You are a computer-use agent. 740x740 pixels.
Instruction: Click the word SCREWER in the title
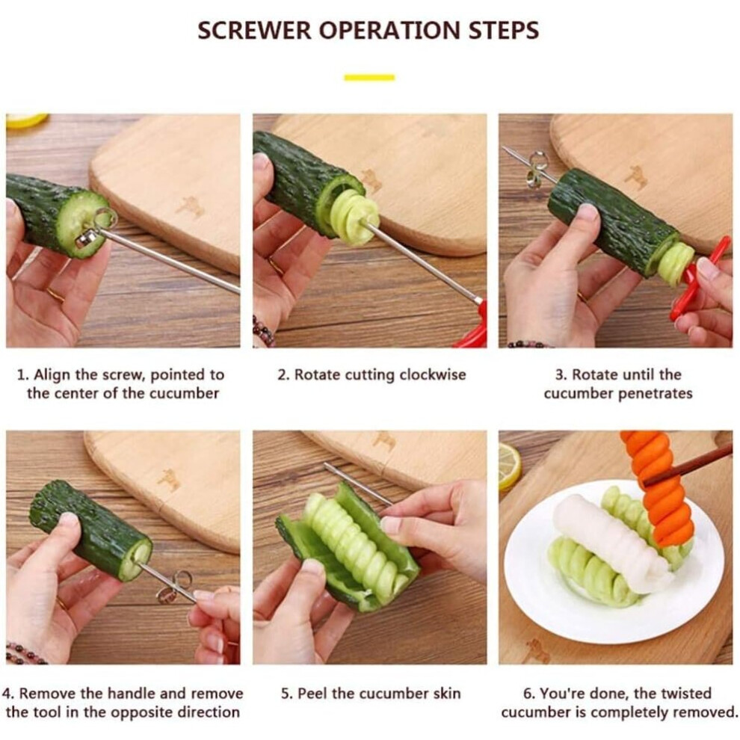[254, 31]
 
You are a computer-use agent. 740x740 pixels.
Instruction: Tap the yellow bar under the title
[369, 78]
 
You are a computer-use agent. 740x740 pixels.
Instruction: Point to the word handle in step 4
[132, 693]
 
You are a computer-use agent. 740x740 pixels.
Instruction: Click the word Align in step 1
[52, 375]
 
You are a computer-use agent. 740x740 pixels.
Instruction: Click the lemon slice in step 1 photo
[26, 120]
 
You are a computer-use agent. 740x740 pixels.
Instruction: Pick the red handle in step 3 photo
[696, 279]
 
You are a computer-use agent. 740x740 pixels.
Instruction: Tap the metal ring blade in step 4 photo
[173, 587]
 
